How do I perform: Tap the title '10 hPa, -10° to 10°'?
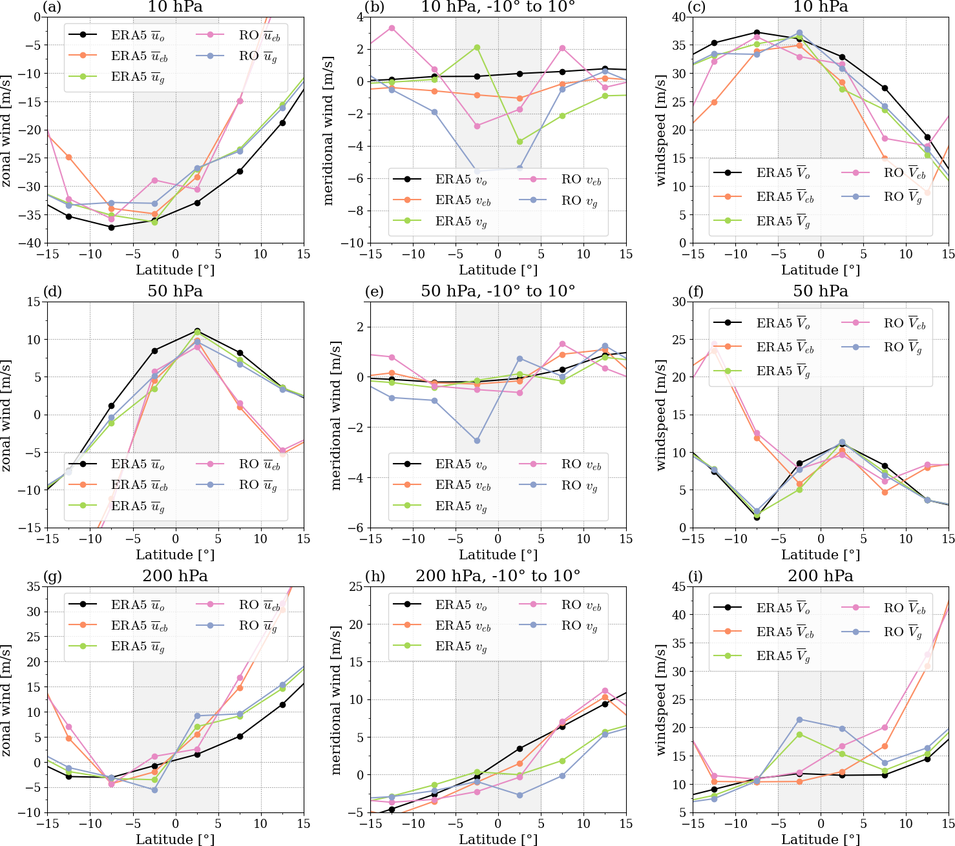(x=498, y=7)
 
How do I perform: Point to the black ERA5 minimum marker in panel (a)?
(x=111, y=227)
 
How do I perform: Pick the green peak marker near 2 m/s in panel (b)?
(x=477, y=47)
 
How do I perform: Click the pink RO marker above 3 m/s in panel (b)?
(x=392, y=28)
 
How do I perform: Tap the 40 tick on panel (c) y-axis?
(x=677, y=17)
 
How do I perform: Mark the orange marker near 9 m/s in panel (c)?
(x=927, y=192)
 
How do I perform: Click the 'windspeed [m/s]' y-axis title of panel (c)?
(x=660, y=130)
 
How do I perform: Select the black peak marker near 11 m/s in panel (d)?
(x=197, y=332)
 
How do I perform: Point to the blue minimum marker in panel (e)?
(x=477, y=441)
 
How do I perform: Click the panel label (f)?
(x=696, y=291)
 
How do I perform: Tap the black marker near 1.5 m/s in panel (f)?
(x=757, y=517)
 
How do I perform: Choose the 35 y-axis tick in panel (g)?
(x=32, y=586)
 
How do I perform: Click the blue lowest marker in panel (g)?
(x=154, y=790)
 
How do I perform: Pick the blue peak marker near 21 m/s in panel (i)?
(x=799, y=719)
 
